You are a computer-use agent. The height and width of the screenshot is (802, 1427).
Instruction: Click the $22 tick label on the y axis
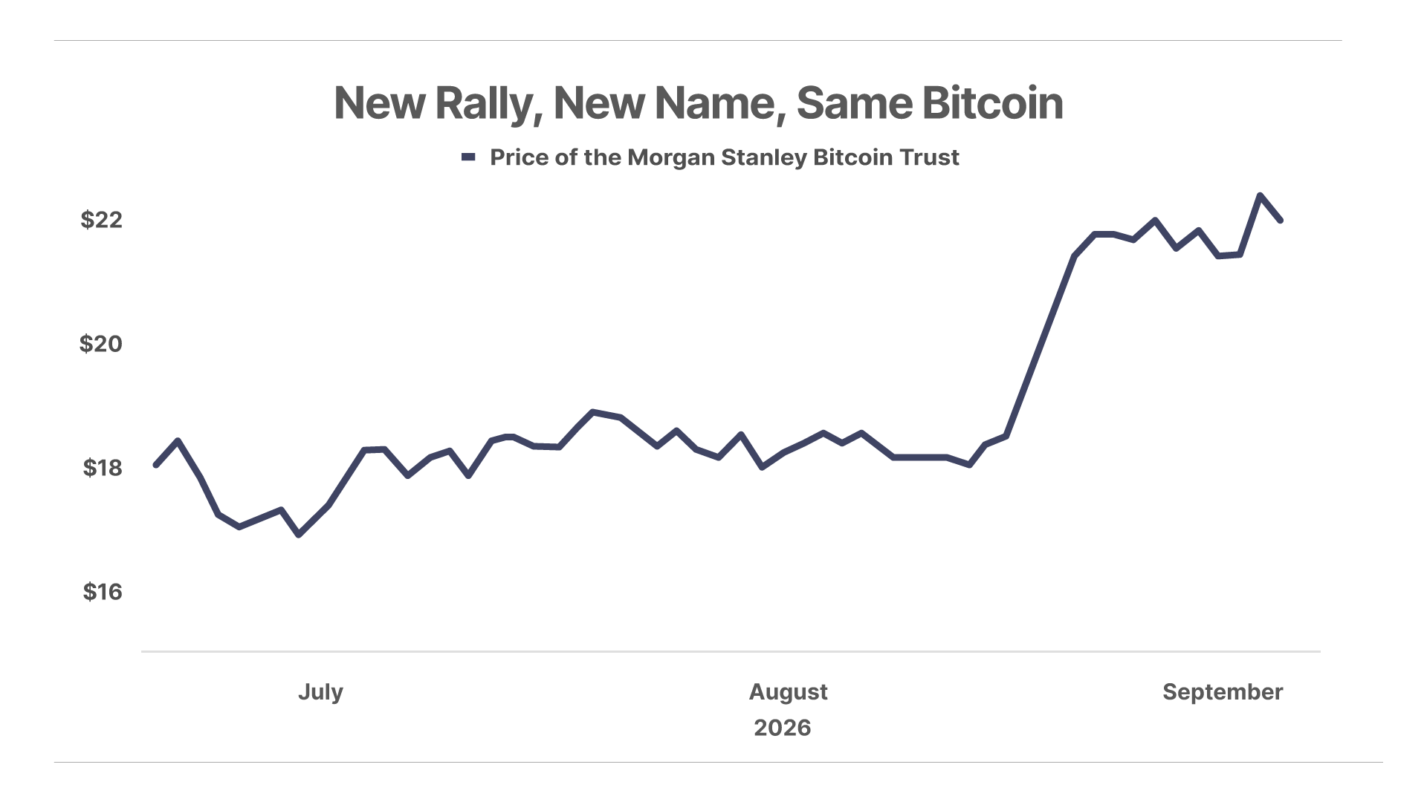click(101, 220)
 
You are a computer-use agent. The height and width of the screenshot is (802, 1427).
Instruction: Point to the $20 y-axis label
click(101, 344)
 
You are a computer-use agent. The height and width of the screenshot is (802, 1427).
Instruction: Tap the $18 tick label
click(103, 468)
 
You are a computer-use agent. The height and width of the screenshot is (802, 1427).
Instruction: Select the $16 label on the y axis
click(103, 592)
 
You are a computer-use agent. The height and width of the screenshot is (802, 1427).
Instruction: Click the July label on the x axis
click(320, 692)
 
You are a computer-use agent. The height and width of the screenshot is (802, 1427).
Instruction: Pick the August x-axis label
click(788, 692)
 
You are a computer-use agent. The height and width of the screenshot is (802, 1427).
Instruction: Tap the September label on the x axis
click(1223, 692)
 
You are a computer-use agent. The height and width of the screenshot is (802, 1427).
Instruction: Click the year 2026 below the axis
click(782, 728)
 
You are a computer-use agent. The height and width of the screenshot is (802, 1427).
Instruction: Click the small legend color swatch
click(468, 157)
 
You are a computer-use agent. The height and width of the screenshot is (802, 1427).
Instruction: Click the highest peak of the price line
click(1260, 195)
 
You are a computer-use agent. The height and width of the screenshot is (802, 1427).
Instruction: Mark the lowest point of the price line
click(299, 535)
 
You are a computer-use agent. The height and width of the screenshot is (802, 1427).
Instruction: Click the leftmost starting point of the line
click(155, 465)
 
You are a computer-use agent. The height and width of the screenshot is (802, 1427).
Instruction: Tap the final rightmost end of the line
click(1281, 220)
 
